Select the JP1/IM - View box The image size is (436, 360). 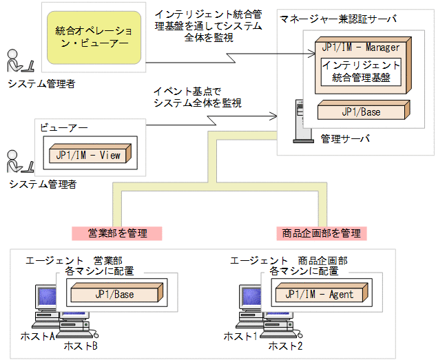point(89,156)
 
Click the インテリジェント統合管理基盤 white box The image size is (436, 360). point(361,71)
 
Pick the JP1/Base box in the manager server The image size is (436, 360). point(361,111)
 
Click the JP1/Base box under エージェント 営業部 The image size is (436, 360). point(114,295)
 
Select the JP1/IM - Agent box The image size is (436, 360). point(319,295)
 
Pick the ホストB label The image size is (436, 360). point(81,346)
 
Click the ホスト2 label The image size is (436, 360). point(285,346)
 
